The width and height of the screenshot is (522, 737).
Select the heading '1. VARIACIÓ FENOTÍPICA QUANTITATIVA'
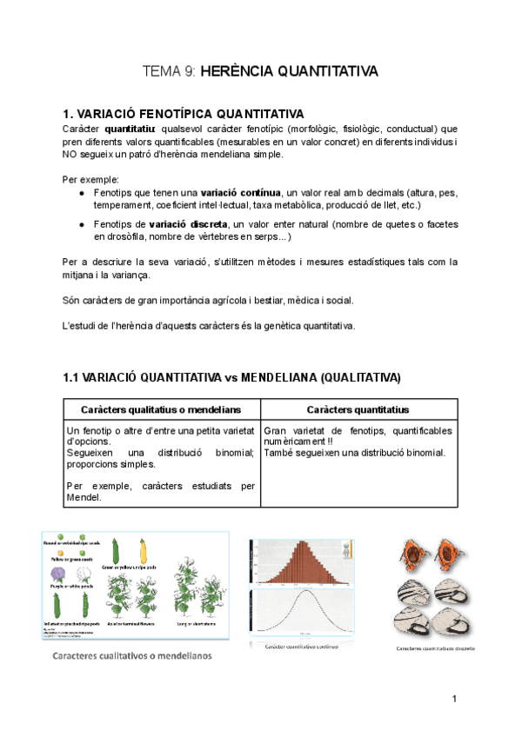click(x=184, y=114)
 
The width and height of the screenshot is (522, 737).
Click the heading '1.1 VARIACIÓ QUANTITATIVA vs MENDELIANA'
click(x=232, y=377)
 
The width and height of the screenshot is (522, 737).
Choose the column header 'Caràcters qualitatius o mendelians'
click(x=161, y=409)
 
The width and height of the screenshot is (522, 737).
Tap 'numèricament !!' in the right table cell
click(x=300, y=442)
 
